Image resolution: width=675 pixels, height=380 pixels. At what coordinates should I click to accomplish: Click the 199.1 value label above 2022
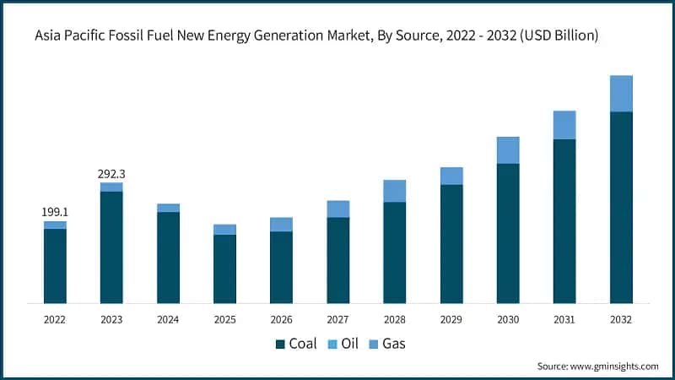55,212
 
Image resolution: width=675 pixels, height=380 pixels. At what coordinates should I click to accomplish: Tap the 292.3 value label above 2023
111,174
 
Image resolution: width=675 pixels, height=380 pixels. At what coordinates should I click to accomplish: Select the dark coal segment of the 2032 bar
621,207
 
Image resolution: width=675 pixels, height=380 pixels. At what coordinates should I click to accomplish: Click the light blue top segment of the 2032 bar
621,93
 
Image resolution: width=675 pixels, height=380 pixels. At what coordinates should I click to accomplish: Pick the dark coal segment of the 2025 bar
224,269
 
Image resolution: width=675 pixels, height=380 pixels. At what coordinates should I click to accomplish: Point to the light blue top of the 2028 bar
394,191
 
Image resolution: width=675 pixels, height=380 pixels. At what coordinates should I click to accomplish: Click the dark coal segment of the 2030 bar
508,233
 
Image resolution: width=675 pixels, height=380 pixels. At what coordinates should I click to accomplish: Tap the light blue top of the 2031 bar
564,125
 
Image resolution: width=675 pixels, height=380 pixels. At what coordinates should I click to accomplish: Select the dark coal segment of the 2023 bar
111,247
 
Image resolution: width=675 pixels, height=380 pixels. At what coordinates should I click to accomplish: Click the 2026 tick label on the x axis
281,320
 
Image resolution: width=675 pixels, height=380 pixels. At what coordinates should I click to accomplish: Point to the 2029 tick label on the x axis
451,320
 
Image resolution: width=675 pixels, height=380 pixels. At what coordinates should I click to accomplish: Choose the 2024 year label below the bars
168,320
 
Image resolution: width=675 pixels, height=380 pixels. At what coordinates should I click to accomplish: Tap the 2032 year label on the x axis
621,320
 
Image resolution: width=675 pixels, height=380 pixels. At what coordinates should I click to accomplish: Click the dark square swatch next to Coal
281,344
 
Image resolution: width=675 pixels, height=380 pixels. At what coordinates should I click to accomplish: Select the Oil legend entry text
349,344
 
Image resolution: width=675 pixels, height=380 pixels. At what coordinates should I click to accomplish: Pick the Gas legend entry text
395,344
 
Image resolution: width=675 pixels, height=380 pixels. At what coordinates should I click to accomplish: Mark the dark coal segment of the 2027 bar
337,260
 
